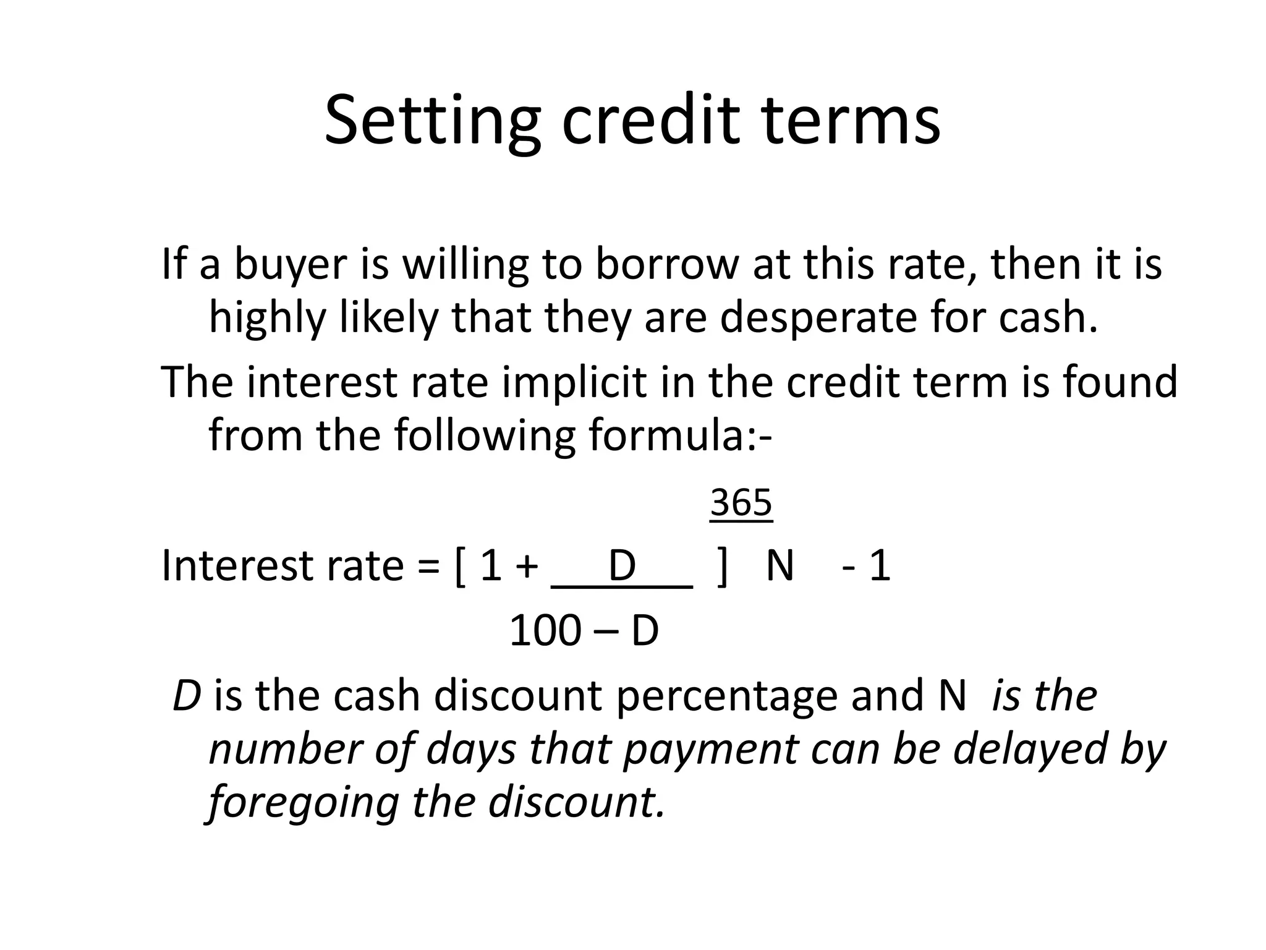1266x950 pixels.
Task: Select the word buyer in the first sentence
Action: [x=311, y=265]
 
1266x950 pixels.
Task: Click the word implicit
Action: [x=577, y=382]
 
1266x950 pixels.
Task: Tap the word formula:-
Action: [x=680, y=435]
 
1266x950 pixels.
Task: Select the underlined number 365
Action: [x=741, y=502]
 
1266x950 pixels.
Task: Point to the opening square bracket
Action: [x=459, y=566]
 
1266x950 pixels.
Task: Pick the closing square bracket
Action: [x=722, y=566]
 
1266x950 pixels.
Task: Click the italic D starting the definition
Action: [x=187, y=696]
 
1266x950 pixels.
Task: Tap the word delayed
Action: [x=1030, y=749]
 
